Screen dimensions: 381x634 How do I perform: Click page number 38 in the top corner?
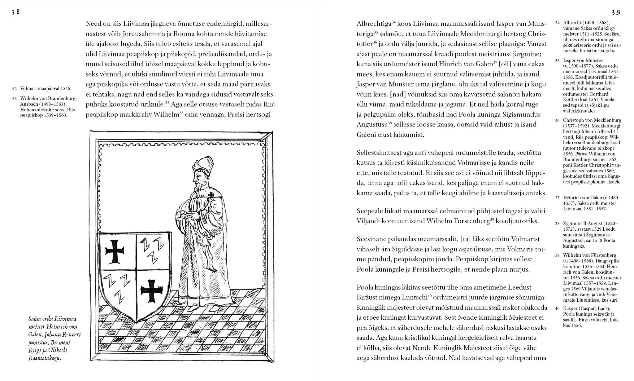click(15, 12)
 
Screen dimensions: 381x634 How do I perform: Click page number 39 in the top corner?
click(616, 12)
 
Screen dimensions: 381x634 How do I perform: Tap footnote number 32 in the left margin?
click(14, 89)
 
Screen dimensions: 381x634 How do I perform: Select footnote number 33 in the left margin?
click(14, 99)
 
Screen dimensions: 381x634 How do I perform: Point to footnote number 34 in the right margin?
click(557, 23)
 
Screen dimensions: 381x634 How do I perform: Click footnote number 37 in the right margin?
click(557, 198)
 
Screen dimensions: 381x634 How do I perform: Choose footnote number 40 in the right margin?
click(557, 308)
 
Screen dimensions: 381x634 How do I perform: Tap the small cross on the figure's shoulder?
click(211, 195)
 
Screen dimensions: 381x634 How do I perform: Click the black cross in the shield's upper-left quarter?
click(115, 251)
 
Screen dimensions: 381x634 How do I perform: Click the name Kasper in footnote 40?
click(571, 308)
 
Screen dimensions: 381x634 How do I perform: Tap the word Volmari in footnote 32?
click(29, 89)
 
